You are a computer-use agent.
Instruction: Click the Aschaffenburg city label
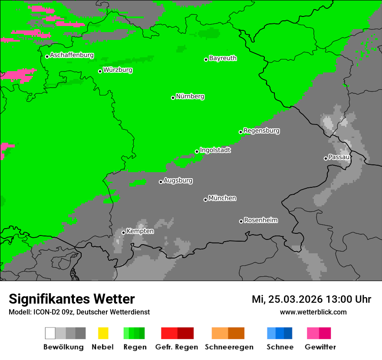tap(72, 55)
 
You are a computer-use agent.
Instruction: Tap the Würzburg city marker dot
tap(100, 71)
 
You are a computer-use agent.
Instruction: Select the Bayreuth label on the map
tap(223, 58)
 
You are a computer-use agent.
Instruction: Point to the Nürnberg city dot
tap(173, 98)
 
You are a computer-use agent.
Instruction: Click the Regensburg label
tap(261, 131)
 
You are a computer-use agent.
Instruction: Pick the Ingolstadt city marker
tap(197, 151)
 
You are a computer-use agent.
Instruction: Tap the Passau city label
tap(339, 157)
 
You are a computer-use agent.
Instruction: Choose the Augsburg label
tap(178, 180)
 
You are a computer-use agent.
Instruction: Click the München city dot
tap(205, 200)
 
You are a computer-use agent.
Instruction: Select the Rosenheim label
tap(260, 220)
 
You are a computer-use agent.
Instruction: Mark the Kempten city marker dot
tap(123, 232)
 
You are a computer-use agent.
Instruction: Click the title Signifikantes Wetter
tap(72, 299)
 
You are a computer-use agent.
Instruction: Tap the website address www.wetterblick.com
tap(313, 312)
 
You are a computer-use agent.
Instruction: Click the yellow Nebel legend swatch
tap(103, 333)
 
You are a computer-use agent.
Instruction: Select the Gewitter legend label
tap(320, 347)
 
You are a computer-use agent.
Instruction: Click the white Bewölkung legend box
tap(50, 333)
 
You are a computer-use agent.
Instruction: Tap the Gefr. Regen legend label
tap(177, 347)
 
